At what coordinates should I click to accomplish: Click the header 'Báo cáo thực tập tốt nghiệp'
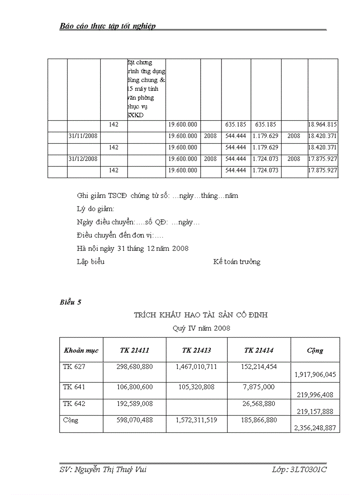[x=108, y=26]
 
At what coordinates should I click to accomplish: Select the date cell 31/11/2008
[x=83, y=136]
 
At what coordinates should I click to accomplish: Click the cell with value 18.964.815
[x=323, y=125]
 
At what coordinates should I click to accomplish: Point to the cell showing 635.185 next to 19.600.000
[x=236, y=125]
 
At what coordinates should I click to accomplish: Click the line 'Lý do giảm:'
[x=96, y=209]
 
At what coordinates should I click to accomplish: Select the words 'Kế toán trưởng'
[x=236, y=262]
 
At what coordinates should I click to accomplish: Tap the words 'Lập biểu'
[x=90, y=262]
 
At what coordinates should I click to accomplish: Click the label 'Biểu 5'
[x=71, y=302]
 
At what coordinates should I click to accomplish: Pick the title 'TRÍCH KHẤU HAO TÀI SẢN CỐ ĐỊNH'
[x=201, y=315]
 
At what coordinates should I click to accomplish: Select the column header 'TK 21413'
[x=196, y=350]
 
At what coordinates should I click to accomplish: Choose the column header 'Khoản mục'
[x=81, y=351]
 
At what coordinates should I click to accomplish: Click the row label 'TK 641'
[x=74, y=387]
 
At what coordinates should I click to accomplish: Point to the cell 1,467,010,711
[x=196, y=367]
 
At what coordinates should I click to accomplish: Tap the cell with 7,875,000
[x=259, y=387]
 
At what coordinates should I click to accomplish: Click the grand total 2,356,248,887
[x=315, y=428]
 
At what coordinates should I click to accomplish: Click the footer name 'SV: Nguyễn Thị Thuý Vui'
[x=103, y=470]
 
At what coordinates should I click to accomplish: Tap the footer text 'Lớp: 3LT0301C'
[x=299, y=470]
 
